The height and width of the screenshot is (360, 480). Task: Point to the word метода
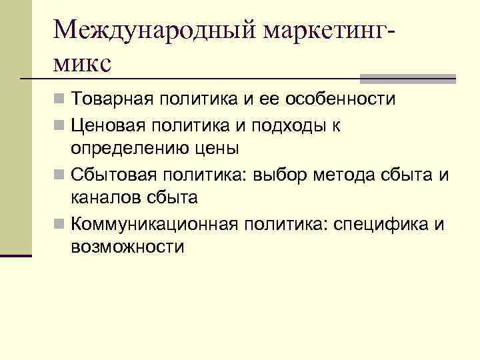346,175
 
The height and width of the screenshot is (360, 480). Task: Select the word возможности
128,247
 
